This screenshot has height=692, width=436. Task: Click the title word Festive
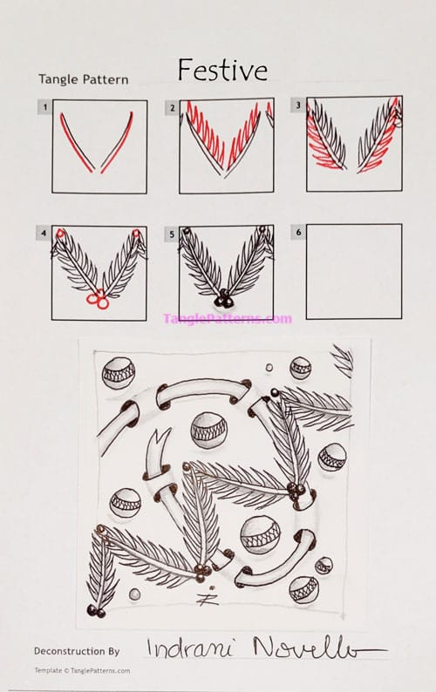[x=222, y=69]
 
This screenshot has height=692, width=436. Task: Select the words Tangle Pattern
[x=83, y=79]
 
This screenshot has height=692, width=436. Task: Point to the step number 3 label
[x=298, y=105]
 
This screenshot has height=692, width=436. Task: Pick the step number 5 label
[x=171, y=234]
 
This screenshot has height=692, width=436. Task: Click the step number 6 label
[x=298, y=233]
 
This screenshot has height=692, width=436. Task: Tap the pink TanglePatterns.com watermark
[x=227, y=318]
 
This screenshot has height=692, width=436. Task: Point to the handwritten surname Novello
[x=314, y=648]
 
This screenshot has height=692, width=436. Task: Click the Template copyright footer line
[x=82, y=670]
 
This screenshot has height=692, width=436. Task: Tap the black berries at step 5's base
[x=225, y=299]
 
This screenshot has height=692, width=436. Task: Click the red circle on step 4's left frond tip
[x=59, y=234]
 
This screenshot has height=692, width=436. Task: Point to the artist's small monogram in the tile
[x=208, y=598]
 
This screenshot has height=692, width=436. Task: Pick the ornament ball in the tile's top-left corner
[x=119, y=373]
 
